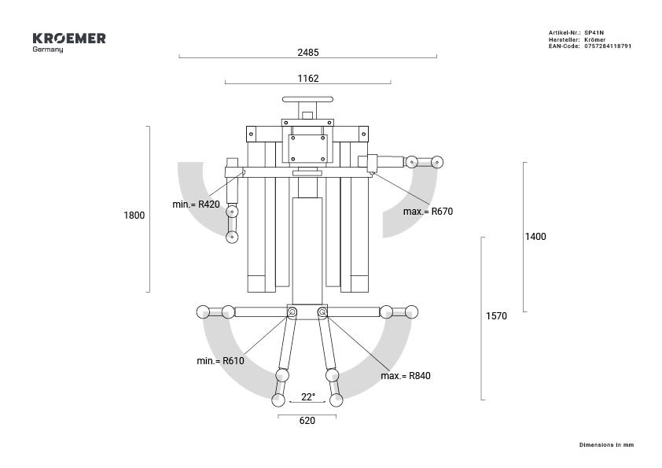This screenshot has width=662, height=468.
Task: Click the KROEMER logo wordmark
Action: tap(69, 38)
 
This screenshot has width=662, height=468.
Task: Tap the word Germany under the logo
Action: tap(48, 50)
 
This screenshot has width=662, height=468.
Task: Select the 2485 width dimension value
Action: tap(308, 53)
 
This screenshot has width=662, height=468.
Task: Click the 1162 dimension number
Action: tap(308, 79)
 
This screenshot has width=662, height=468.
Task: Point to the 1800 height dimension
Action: tap(134, 216)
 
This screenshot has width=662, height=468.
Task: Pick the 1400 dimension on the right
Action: tap(535, 237)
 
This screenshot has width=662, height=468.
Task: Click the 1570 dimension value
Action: tap(497, 316)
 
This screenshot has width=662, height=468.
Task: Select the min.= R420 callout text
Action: tap(196, 205)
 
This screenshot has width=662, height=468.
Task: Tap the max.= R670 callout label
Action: tap(428, 212)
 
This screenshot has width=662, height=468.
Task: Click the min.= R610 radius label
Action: tap(220, 361)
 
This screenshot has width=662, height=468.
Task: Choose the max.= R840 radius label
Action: tap(406, 376)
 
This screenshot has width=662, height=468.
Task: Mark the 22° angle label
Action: tap(308, 397)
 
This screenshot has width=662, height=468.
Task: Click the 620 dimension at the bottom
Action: tap(307, 421)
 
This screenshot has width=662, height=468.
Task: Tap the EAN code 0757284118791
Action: tap(608, 46)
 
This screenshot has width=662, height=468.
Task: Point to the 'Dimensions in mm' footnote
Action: tap(606, 445)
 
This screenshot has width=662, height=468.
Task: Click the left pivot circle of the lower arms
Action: tap(292, 313)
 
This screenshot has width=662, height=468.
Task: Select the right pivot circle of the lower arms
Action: tap(322, 313)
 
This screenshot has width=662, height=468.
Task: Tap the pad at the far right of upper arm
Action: tap(437, 162)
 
